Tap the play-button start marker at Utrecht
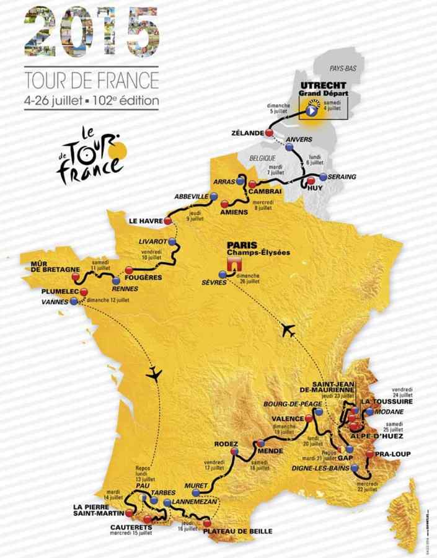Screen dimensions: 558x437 [x=310, y=112]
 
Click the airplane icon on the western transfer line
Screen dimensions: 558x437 [x=154, y=374]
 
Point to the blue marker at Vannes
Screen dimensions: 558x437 [x=74, y=301]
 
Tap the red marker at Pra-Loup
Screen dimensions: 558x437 [x=370, y=454]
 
